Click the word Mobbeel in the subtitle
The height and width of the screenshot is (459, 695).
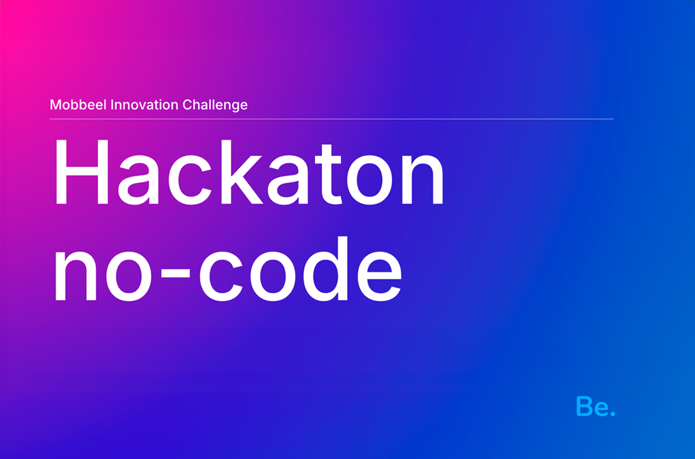[78, 105]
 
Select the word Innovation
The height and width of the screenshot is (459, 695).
[144, 105]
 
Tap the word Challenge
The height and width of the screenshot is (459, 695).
[215, 105]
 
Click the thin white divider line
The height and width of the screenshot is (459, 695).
[331, 119]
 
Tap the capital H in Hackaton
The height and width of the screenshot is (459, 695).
[81, 172]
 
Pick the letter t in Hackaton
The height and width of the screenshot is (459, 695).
[328, 175]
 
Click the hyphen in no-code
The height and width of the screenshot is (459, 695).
[175, 273]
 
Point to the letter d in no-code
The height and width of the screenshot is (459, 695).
[325, 269]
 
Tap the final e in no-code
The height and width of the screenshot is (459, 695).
[379, 276]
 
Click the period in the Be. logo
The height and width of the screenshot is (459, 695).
[613, 413]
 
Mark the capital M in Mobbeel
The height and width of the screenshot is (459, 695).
[56, 105]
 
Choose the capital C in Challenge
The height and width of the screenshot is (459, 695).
[187, 105]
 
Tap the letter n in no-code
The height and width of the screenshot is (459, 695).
[76, 275]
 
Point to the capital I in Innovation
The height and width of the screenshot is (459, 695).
[112, 105]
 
